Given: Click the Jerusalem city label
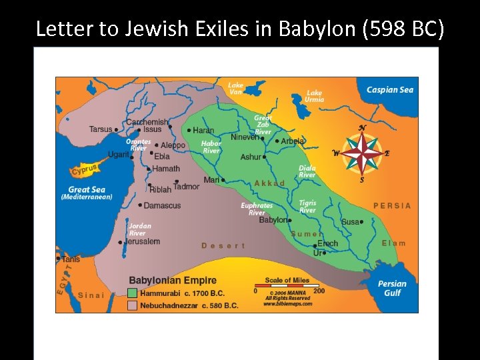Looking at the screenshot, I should coord(142,241).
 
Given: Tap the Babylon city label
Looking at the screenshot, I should coord(273,220).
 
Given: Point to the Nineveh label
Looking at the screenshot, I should coord(244,137).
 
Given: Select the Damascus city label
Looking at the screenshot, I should coord(162,205).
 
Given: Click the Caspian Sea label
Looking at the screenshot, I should coord(390,90).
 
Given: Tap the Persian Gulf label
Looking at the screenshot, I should coord(392,288).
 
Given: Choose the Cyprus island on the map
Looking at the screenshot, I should coord(86,169).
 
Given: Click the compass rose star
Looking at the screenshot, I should coord(363,153).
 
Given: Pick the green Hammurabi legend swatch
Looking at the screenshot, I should coord(132,293).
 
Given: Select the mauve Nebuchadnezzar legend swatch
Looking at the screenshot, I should coord(132,305).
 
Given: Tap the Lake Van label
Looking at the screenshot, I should coord(236,89).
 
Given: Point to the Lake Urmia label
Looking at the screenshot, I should coord(314,96).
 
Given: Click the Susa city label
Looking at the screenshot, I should coord(350,222).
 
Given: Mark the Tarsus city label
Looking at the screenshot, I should coord(101,129).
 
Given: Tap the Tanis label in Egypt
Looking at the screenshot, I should coord(71,259).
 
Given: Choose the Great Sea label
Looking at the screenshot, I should coord(87,190).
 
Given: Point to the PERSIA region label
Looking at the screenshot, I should coord(392,205).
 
